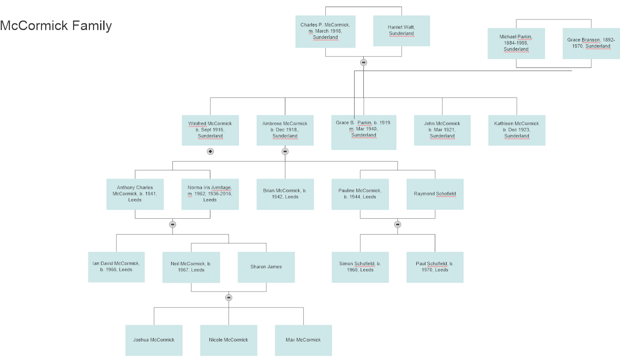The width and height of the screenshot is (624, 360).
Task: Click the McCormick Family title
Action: (x=56, y=26)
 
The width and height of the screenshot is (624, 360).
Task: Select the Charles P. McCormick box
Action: (x=325, y=31)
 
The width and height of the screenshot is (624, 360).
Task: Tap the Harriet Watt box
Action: (x=401, y=30)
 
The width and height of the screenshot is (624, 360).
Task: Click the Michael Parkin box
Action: (x=516, y=43)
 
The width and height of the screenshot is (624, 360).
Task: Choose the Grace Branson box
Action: (x=591, y=43)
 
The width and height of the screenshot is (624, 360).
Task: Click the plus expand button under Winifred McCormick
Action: (x=210, y=151)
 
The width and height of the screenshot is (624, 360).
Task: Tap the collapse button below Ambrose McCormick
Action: (x=285, y=151)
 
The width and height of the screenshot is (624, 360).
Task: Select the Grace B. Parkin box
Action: (x=364, y=132)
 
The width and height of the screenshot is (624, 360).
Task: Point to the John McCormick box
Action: (x=442, y=130)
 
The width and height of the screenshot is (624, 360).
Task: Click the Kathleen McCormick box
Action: (x=517, y=130)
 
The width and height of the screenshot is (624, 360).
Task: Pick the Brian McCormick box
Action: (x=285, y=194)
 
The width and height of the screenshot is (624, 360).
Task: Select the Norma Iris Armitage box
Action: (x=210, y=194)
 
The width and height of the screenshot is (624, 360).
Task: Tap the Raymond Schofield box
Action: (x=435, y=194)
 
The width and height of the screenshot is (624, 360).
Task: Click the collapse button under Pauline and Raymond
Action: (x=397, y=225)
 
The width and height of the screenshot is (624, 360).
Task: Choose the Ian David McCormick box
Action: (x=116, y=267)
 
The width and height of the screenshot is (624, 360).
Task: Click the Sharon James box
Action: (x=266, y=267)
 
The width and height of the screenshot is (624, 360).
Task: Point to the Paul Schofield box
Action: (x=435, y=267)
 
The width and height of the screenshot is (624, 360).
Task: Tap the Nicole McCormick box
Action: (x=228, y=340)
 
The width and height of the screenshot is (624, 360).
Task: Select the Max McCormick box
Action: (x=303, y=340)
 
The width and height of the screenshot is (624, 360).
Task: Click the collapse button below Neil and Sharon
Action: (x=228, y=297)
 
